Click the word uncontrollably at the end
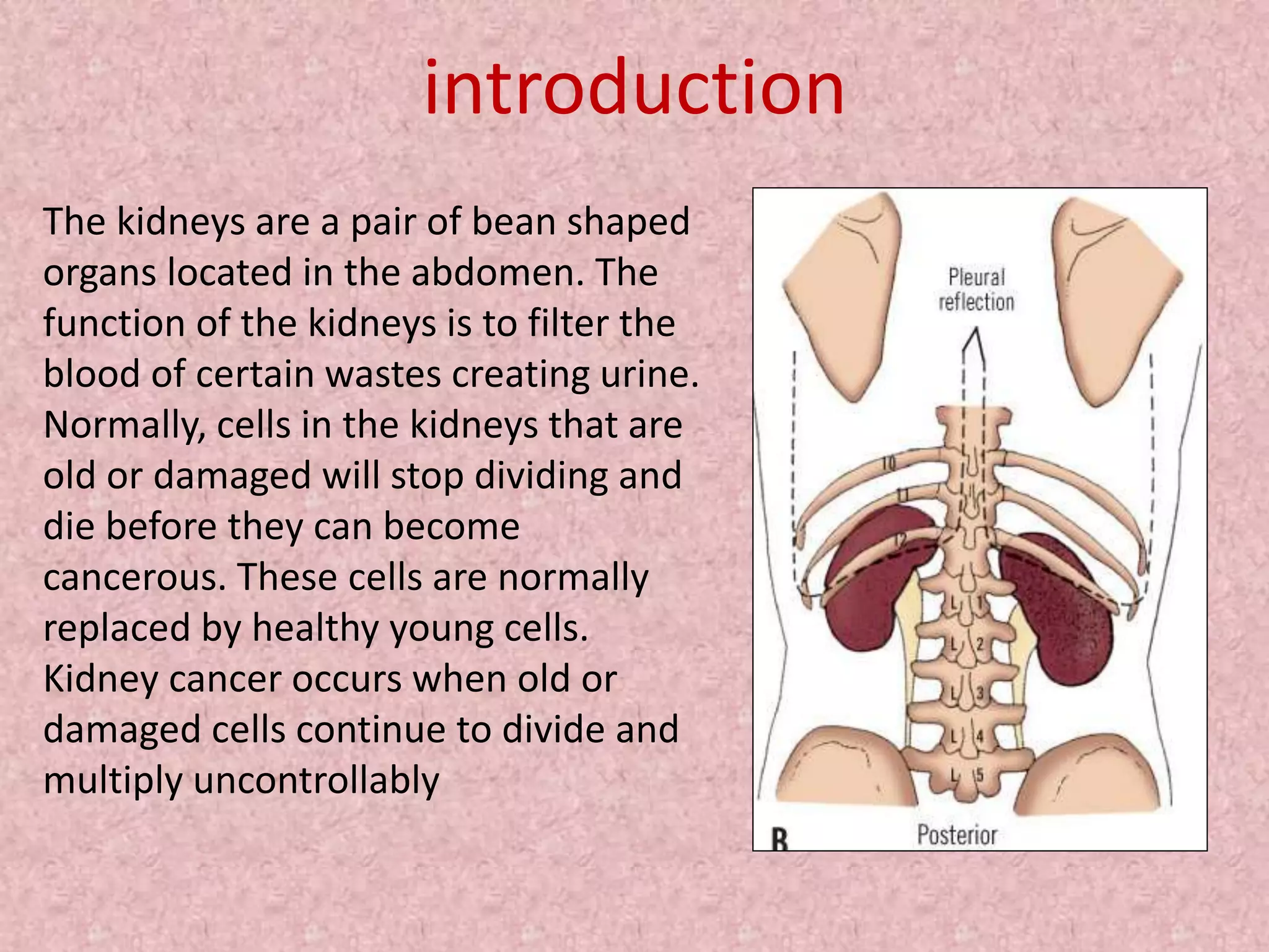pos(316,780)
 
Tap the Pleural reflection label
pos(977,289)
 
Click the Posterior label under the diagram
pos(957,835)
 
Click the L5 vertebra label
pos(967,775)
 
